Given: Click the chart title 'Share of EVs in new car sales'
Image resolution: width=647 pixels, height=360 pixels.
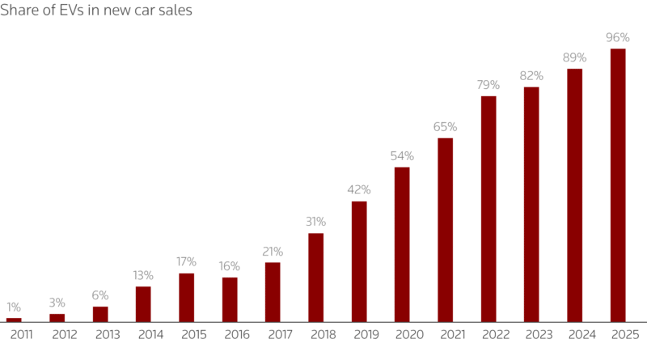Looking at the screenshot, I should [96, 12].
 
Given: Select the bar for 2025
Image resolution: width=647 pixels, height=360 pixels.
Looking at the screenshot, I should [618, 185].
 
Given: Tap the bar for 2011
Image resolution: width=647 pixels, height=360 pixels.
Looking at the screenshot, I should [14, 320].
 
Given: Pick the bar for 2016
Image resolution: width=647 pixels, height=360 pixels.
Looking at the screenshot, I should [230, 299].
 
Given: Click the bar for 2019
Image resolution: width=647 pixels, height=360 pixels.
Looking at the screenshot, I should [359, 261].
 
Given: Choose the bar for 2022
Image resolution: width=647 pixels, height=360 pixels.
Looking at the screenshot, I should [488, 209].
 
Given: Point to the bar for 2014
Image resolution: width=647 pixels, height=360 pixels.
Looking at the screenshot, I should [143, 304].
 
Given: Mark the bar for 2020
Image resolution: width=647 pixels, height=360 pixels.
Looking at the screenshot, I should [402, 244].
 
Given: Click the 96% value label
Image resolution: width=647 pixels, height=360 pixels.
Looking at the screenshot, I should [618, 37].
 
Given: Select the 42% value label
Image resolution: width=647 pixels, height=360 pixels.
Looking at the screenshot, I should [359, 190].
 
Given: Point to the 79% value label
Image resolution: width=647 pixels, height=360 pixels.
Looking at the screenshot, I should [488, 85].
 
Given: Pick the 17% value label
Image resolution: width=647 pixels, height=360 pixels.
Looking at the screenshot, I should [187, 262].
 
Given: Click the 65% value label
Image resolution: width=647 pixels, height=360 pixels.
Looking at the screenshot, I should [446, 127].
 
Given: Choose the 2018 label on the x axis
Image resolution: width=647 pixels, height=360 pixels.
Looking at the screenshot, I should [316, 334].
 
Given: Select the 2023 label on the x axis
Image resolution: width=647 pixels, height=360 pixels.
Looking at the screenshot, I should [531, 334].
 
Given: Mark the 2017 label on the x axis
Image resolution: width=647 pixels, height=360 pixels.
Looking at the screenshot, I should [273, 334].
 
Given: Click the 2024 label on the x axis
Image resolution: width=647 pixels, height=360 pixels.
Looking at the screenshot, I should [575, 334].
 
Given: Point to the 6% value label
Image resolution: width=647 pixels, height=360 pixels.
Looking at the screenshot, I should [100, 295].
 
